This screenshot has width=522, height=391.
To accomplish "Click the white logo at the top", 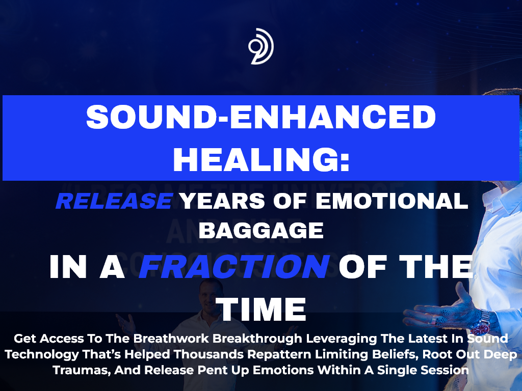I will pos(261,46).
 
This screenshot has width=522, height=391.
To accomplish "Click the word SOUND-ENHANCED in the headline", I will pos(261,118).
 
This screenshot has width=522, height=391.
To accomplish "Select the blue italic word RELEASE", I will pos(114,201).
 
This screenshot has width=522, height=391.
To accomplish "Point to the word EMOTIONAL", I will pos(391,201).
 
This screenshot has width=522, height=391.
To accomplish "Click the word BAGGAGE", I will pos(261,230).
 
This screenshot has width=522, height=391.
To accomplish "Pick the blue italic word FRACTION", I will pos(233,266).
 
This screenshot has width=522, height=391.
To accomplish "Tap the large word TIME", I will pos(261,308).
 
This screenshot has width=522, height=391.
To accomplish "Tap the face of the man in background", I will pos(210,293).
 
